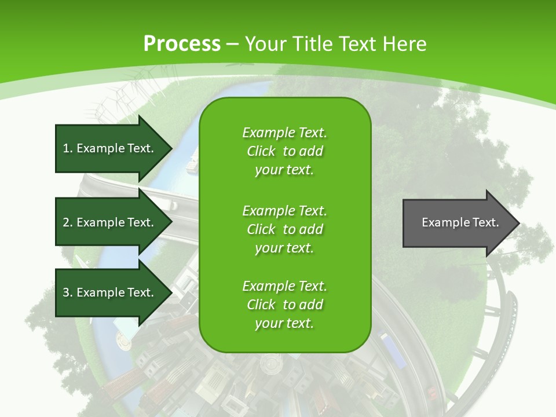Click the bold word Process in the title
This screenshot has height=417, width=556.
[x=182, y=43]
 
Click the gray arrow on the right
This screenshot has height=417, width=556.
[x=452, y=222]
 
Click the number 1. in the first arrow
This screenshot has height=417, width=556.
[x=67, y=148]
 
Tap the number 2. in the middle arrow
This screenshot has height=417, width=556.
[x=67, y=222]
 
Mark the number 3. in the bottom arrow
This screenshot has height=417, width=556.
[x=67, y=292]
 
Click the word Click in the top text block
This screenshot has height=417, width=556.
[x=261, y=151]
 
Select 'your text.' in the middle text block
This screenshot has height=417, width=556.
[x=284, y=248]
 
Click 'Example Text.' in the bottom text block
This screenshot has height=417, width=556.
[x=284, y=286]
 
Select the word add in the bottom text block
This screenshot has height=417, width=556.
[x=312, y=305]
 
